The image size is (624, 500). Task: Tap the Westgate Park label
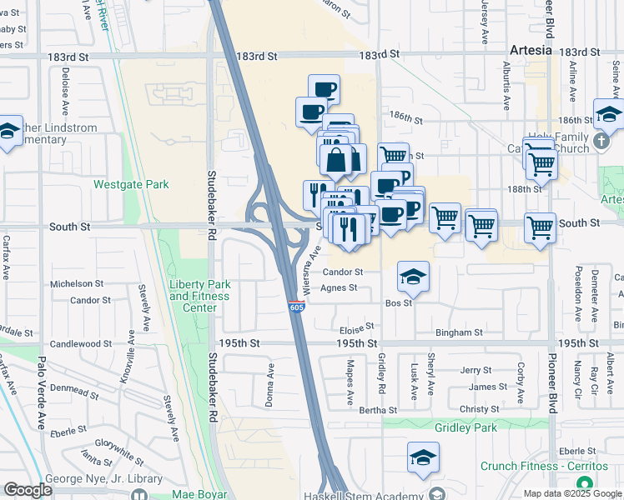tap(131, 184)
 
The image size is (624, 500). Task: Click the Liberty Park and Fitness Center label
tap(199, 296)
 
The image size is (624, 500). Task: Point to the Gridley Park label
tap(465, 427)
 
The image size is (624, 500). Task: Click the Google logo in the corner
tap(28, 490)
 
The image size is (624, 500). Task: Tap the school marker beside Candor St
tap(413, 277)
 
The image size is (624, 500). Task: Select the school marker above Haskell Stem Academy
tap(423, 457)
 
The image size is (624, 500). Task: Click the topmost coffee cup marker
tap(324, 88)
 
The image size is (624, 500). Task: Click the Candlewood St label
tap(81, 343)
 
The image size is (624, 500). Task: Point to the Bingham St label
tap(459, 332)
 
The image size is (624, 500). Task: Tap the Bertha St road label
tap(378, 410)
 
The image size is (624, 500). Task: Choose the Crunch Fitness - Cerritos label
tap(535, 466)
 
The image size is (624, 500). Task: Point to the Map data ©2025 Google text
tap(571, 493)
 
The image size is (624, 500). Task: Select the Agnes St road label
tap(339, 288)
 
